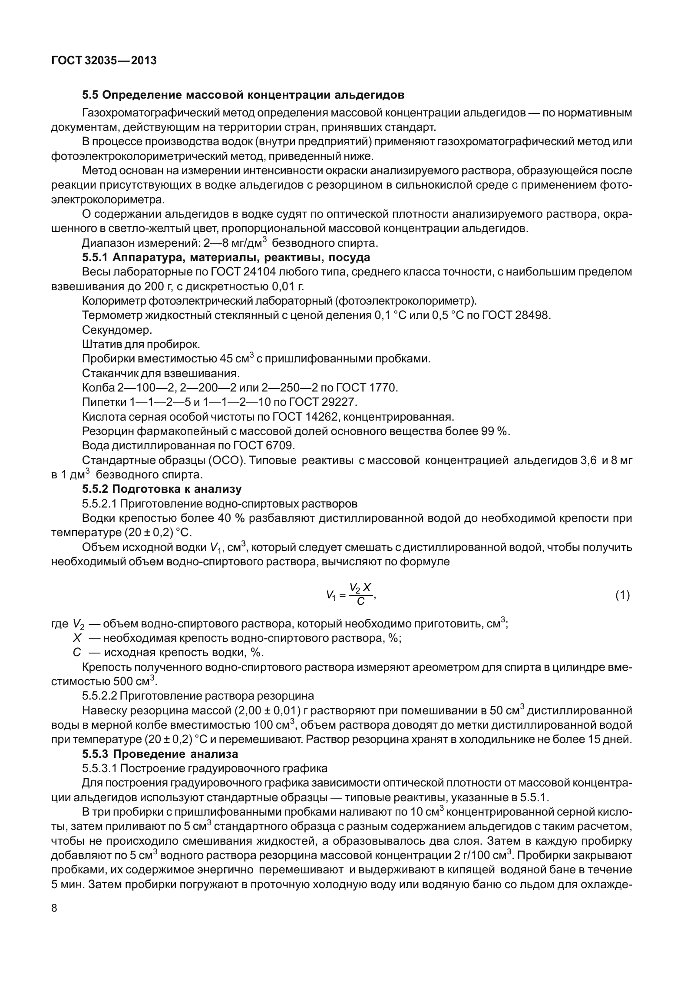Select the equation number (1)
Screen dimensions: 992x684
point(622,595)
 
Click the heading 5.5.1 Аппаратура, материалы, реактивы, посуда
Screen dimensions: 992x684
point(226,258)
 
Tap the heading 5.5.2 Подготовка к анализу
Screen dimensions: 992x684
point(162,489)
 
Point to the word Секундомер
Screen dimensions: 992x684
point(117,330)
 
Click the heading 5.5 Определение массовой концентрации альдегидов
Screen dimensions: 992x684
point(243,95)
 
